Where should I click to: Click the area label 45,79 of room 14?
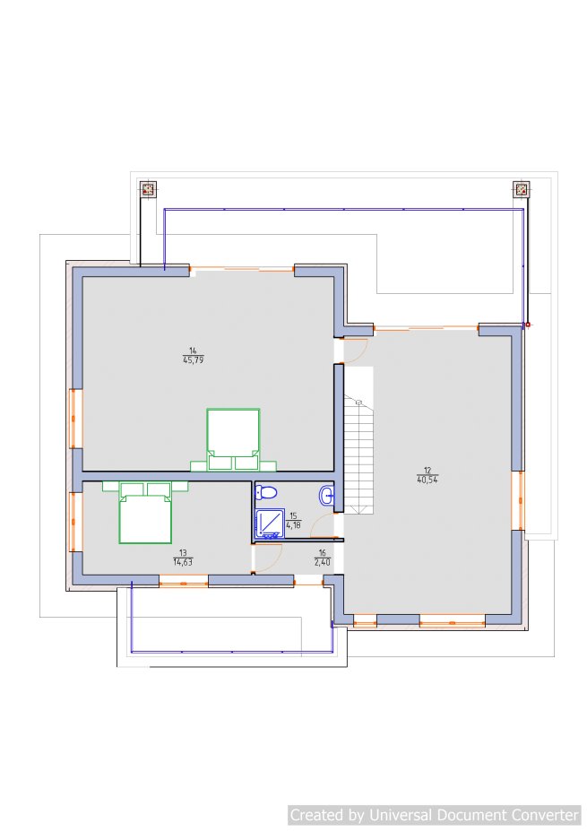(193, 359)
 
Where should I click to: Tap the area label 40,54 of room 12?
(427, 480)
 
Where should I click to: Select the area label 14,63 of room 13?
(183, 562)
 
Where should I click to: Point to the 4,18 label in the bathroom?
(294, 525)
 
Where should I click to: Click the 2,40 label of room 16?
(322, 562)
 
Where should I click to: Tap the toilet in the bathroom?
(265, 492)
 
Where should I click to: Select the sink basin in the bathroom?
(327, 496)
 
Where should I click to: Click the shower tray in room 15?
(270, 524)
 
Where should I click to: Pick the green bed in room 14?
(233, 439)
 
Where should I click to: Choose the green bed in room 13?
(145, 512)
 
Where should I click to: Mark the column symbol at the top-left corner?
(149, 188)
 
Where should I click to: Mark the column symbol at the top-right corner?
(522, 188)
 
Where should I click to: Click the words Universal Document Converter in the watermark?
(473, 815)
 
